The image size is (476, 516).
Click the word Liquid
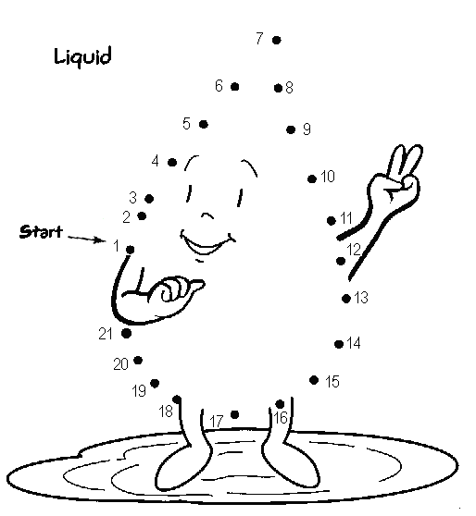click(82, 57)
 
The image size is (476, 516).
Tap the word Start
click(41, 232)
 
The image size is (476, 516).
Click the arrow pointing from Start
click(87, 239)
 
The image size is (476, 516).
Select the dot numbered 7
click(277, 40)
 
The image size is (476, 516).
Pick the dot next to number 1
click(131, 250)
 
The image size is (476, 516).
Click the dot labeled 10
click(312, 179)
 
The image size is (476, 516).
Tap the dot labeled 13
click(346, 299)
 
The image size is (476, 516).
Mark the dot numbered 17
click(234, 414)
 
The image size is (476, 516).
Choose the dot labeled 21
click(126, 333)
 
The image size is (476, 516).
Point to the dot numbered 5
click(204, 125)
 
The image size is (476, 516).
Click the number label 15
click(332, 381)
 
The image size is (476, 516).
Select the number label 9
click(307, 129)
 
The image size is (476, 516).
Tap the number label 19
click(139, 391)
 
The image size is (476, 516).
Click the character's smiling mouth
click(207, 243)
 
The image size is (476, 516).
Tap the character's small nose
click(207, 215)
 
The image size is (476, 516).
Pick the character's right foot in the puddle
click(290, 464)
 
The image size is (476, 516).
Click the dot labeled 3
click(149, 199)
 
